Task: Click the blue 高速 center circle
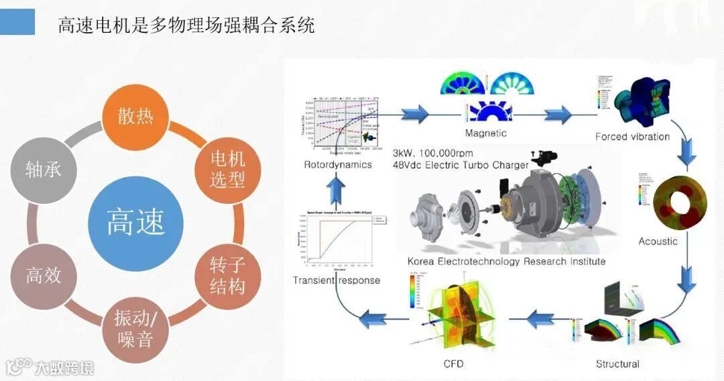pyautogui.click(x=135, y=223)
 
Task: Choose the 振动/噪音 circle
pyautogui.click(x=135, y=328)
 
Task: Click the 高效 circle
pyautogui.click(x=44, y=275)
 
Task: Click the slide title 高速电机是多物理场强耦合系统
pyautogui.click(x=186, y=26)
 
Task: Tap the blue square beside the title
pyautogui.click(x=17, y=22)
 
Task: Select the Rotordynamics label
pyautogui.click(x=337, y=164)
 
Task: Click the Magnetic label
pyautogui.click(x=486, y=133)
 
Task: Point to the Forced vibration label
pyautogui.click(x=632, y=136)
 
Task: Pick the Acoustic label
pyautogui.click(x=658, y=241)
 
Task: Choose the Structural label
pyautogui.click(x=617, y=364)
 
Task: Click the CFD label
pyautogui.click(x=453, y=364)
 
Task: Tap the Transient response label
pyautogui.click(x=337, y=280)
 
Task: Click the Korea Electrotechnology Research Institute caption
pyautogui.click(x=506, y=261)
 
